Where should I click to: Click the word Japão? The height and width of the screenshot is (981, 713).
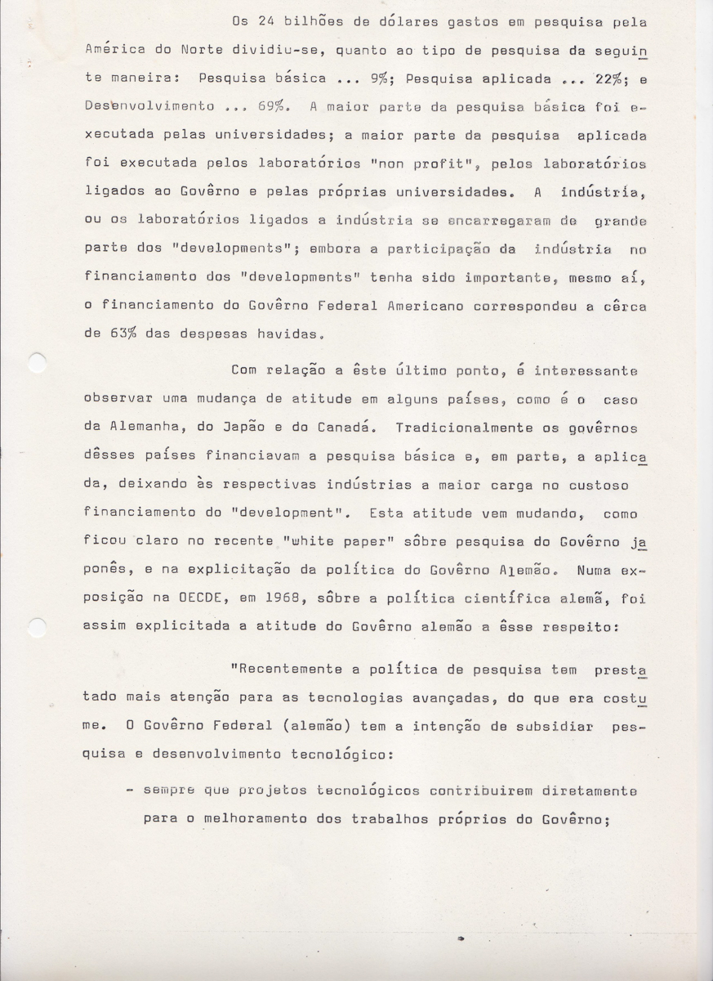pos(245,427)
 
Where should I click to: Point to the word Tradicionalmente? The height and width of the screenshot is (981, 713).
pos(447,427)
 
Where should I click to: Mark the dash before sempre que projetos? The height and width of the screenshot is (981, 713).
pos(130,790)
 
